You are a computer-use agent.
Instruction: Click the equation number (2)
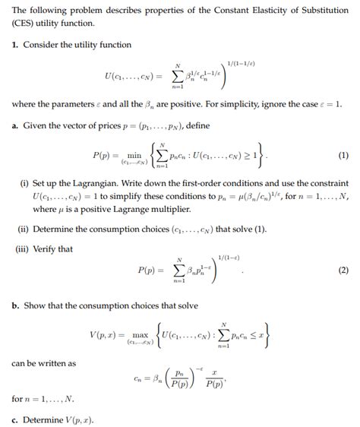click(x=343, y=270)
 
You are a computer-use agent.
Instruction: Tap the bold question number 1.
click(x=14, y=45)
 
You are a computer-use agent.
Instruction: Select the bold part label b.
click(x=14, y=305)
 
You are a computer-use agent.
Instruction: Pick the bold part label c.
click(x=14, y=418)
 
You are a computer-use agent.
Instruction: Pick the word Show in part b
click(x=33, y=305)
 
